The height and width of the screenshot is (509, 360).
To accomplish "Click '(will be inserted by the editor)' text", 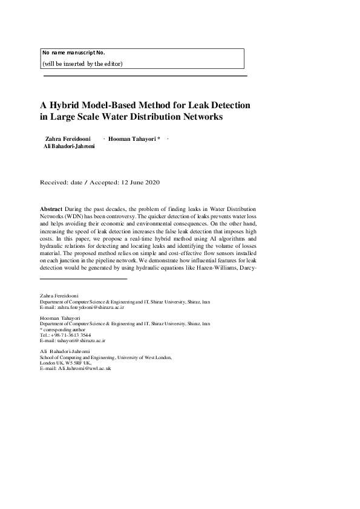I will pyautogui.click(x=82, y=63).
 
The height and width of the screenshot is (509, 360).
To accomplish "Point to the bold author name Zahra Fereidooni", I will pyautogui.click(x=68, y=138).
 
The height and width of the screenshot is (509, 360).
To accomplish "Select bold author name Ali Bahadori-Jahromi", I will pyautogui.click(x=69, y=146).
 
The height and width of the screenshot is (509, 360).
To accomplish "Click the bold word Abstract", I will pyautogui.click(x=51, y=207).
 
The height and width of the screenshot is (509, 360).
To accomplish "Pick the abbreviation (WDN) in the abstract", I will pyautogui.click(x=77, y=215).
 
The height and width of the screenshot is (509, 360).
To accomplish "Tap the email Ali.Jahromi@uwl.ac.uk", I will pyautogui.click(x=84, y=368).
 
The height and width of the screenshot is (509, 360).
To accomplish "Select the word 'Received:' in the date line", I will pyautogui.click(x=53, y=182).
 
